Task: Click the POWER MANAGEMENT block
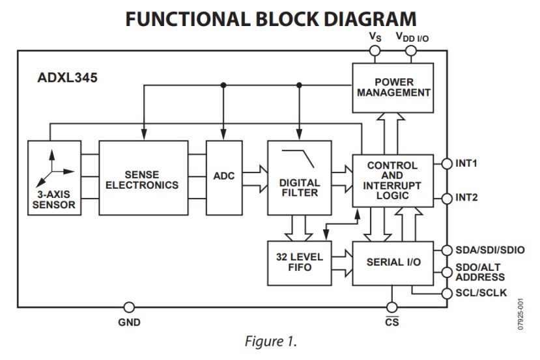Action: pos(393,87)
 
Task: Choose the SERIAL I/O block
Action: pos(393,262)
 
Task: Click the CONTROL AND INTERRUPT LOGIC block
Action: pos(393,180)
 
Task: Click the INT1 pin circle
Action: pos(447,163)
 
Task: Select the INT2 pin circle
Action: pos(447,197)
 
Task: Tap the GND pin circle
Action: pos(129,307)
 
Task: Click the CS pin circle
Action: pos(391,307)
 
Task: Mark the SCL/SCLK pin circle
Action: pos(447,294)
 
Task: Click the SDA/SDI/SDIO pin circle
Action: pos(447,250)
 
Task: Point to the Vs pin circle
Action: pos(375,50)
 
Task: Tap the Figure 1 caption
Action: pos(270,340)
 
